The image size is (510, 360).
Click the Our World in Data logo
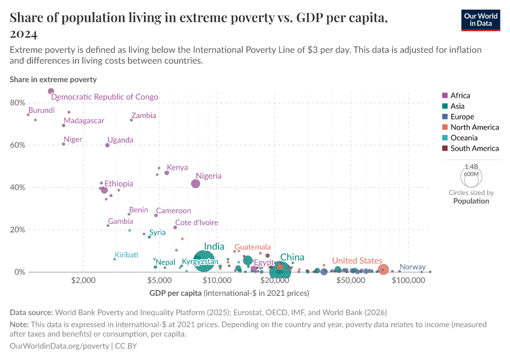(481, 20)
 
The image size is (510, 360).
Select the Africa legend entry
(460, 95)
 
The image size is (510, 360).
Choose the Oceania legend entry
(464, 138)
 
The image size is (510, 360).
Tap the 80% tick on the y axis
(17, 103)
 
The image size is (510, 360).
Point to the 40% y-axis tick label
(17, 188)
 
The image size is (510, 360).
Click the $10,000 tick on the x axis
(217, 280)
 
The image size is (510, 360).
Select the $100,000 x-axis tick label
(409, 280)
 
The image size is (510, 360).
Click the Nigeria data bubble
(196, 184)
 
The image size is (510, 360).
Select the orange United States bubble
(383, 269)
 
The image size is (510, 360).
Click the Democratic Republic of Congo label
(104, 97)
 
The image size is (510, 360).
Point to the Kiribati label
(127, 255)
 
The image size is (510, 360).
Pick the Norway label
(412, 267)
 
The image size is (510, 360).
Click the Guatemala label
(252, 247)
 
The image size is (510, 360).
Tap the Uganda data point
(107, 145)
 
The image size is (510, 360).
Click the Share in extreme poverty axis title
(53, 79)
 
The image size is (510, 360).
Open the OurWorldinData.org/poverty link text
(59, 346)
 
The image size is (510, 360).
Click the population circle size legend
(471, 177)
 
